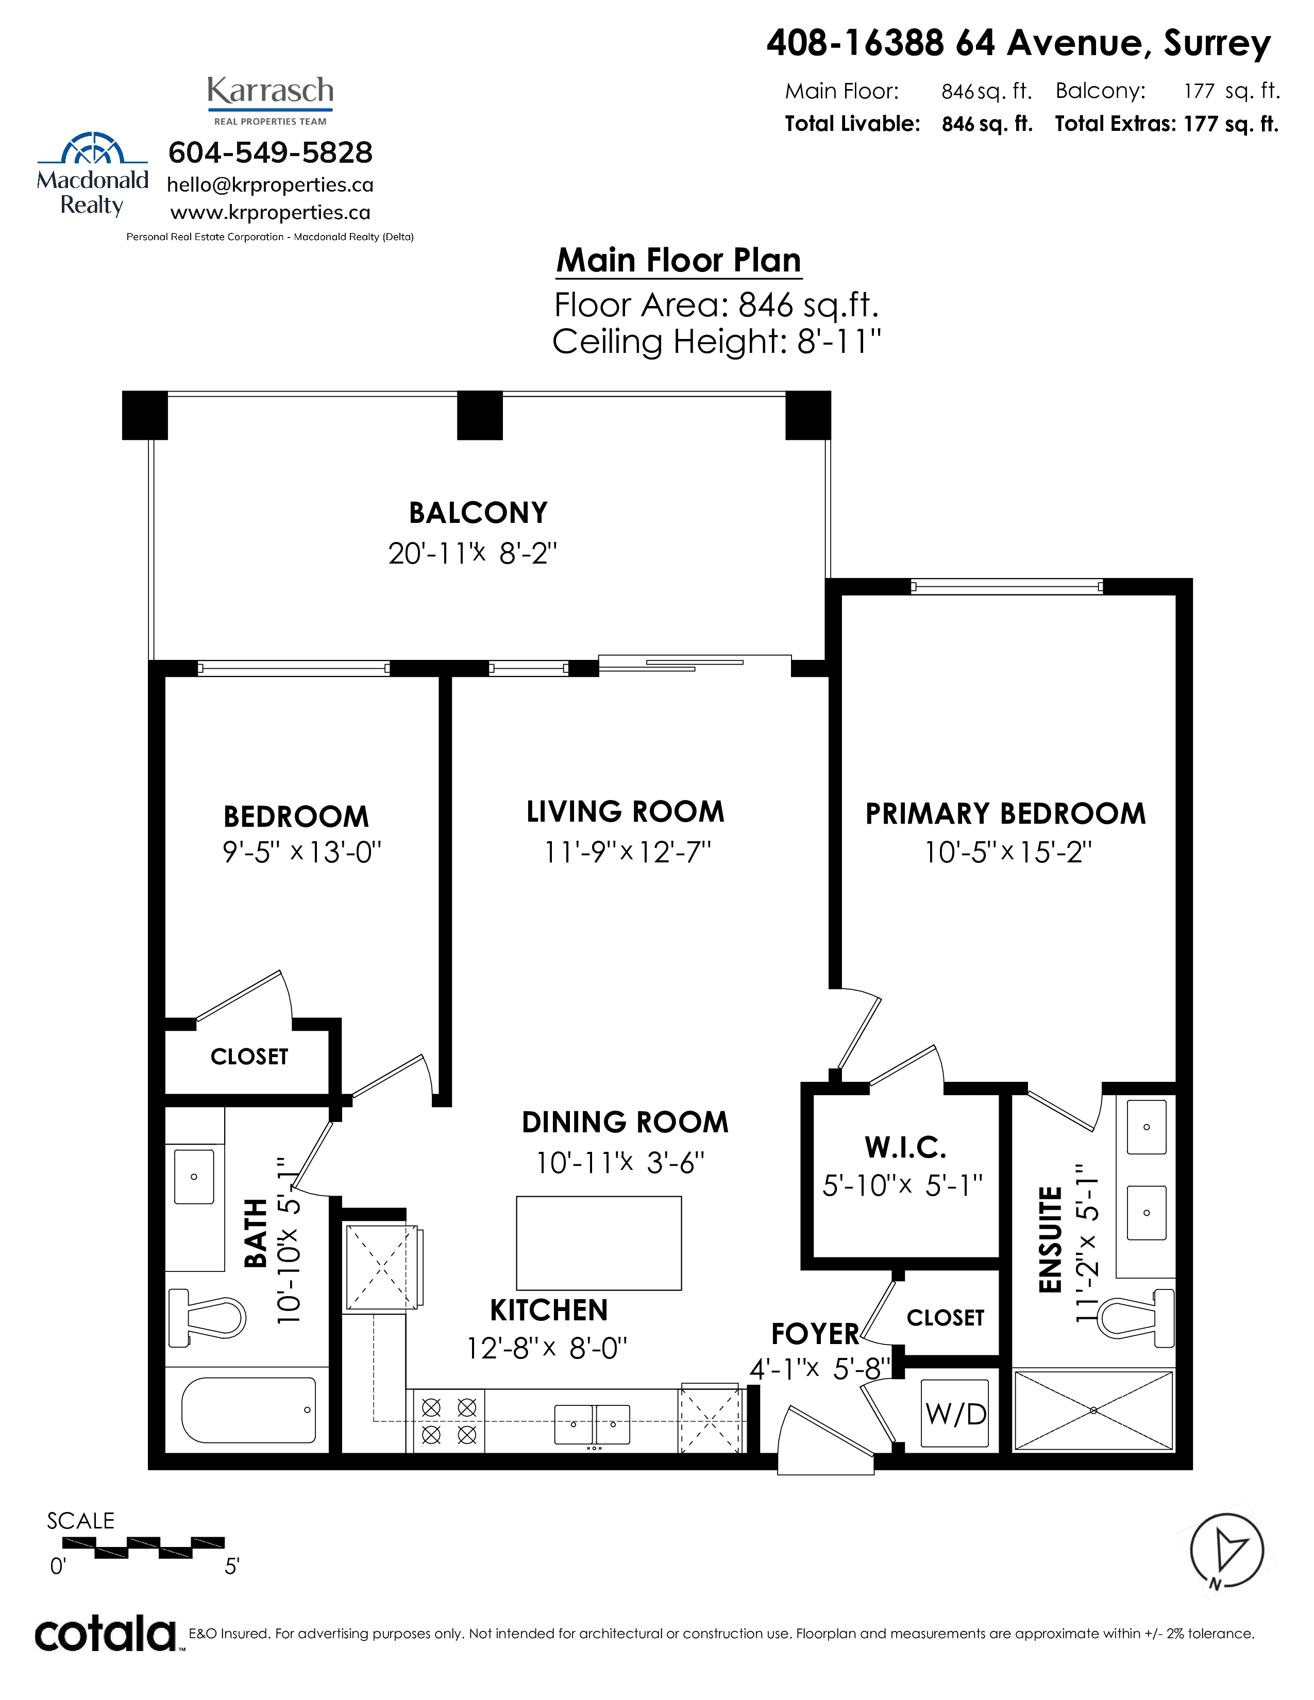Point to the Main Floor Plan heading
click(x=679, y=260)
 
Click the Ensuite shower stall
click(x=1093, y=1410)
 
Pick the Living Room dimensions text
click(x=628, y=853)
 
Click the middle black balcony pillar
click(x=480, y=415)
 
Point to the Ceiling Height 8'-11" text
click(x=717, y=342)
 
